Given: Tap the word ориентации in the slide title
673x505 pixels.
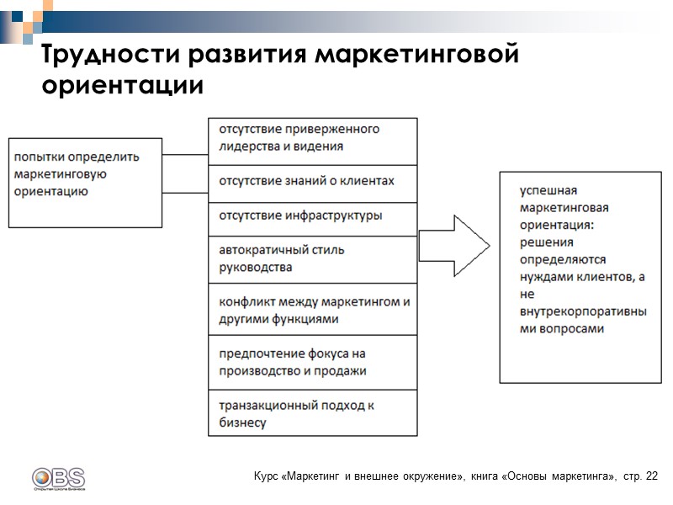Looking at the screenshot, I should point(122,86).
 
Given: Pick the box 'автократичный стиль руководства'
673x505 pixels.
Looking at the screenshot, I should point(312,259).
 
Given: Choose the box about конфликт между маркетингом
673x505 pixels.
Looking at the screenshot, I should point(312,311).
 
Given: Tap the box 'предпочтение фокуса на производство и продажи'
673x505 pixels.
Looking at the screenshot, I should point(312,363).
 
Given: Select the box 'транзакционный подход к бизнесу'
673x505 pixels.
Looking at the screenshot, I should point(312,413).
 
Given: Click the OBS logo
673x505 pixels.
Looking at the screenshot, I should point(58,478).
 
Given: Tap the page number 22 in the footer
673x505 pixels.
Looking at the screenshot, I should point(653,476).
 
